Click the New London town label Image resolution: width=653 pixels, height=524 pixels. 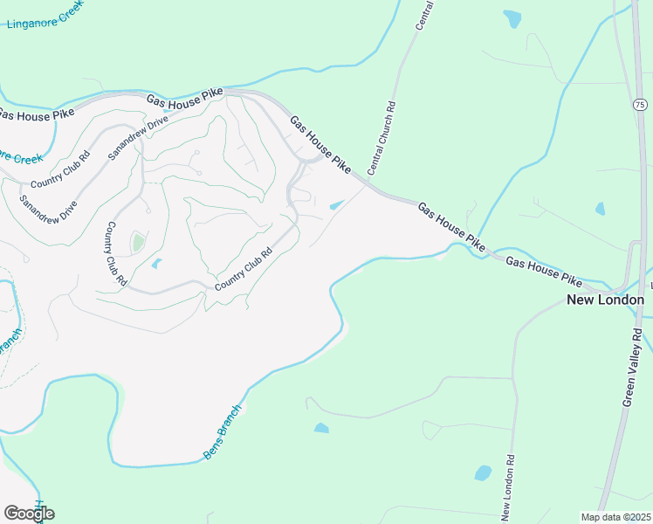[605, 300]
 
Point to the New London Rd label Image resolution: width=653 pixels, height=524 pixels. [506, 483]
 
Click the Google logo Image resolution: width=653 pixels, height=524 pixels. [29, 513]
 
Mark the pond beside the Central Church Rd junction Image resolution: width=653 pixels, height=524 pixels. [336, 206]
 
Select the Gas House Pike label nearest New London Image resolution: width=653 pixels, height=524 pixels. [543, 272]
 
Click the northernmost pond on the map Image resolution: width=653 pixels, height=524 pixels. [512, 17]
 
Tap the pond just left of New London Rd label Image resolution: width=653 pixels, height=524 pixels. [483, 472]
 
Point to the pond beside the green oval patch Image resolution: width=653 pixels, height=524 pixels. [157, 263]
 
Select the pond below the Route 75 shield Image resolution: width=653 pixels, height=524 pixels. [600, 209]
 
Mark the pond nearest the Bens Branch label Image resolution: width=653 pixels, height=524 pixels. [321, 428]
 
